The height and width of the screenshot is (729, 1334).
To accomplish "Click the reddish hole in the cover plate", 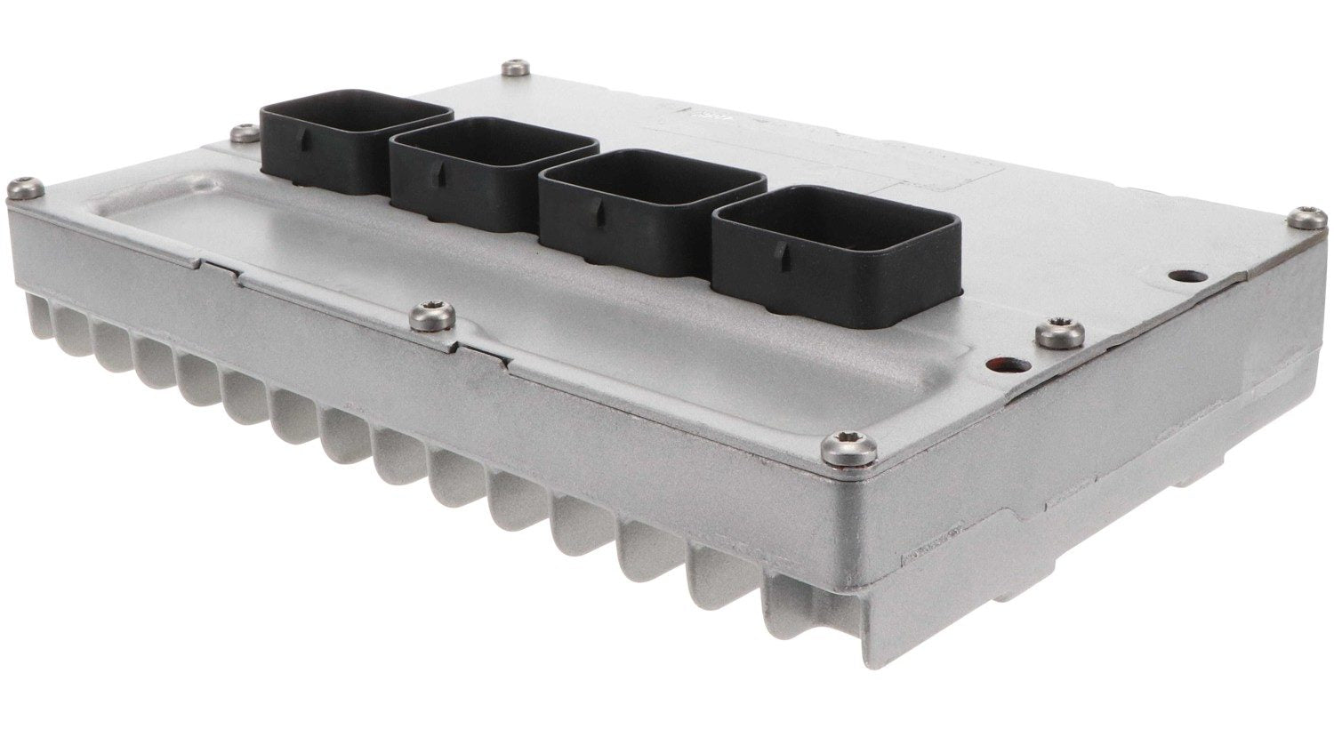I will point(991,364).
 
